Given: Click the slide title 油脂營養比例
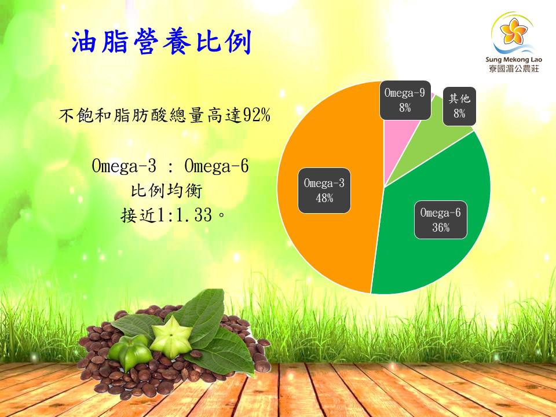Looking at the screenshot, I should [x=162, y=42].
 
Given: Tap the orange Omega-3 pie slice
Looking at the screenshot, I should [x=324, y=243].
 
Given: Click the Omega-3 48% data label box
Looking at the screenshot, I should [x=324, y=191].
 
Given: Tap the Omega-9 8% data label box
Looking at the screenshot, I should [x=405, y=100].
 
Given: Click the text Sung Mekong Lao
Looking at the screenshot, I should [x=513, y=59].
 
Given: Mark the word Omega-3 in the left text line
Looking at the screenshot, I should [x=124, y=166].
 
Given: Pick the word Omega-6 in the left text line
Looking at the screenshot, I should [x=216, y=166].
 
